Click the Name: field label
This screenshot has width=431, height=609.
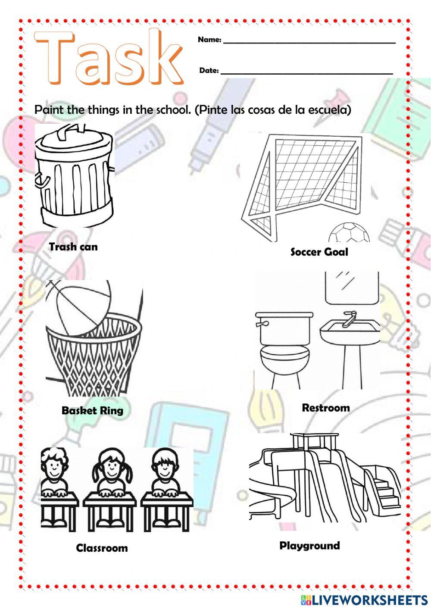coord(209,40)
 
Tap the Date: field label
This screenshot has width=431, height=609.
coord(209,70)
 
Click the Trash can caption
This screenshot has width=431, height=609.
coord(73,247)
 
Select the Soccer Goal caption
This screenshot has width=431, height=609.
coord(319,252)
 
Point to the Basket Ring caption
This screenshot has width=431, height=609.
coord(93,410)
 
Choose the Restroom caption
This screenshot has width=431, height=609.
coord(326,408)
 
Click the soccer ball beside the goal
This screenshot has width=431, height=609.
coord(350,233)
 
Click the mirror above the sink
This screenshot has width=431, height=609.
coord(352,287)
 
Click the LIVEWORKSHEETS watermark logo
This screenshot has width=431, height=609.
coord(364,600)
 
